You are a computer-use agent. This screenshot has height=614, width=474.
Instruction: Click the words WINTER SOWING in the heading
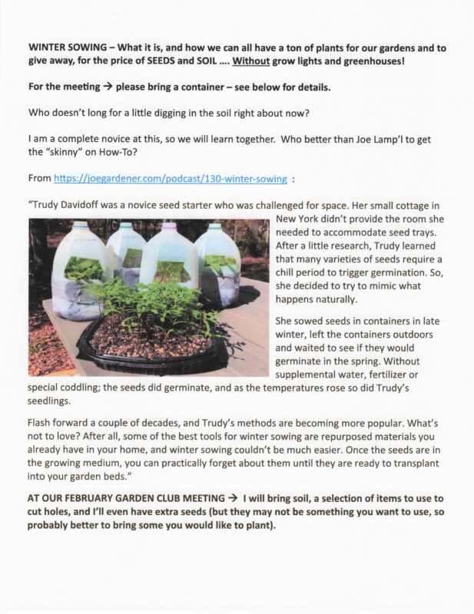pos(62,47)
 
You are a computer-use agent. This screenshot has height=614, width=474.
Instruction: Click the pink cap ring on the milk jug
pos(169,226)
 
